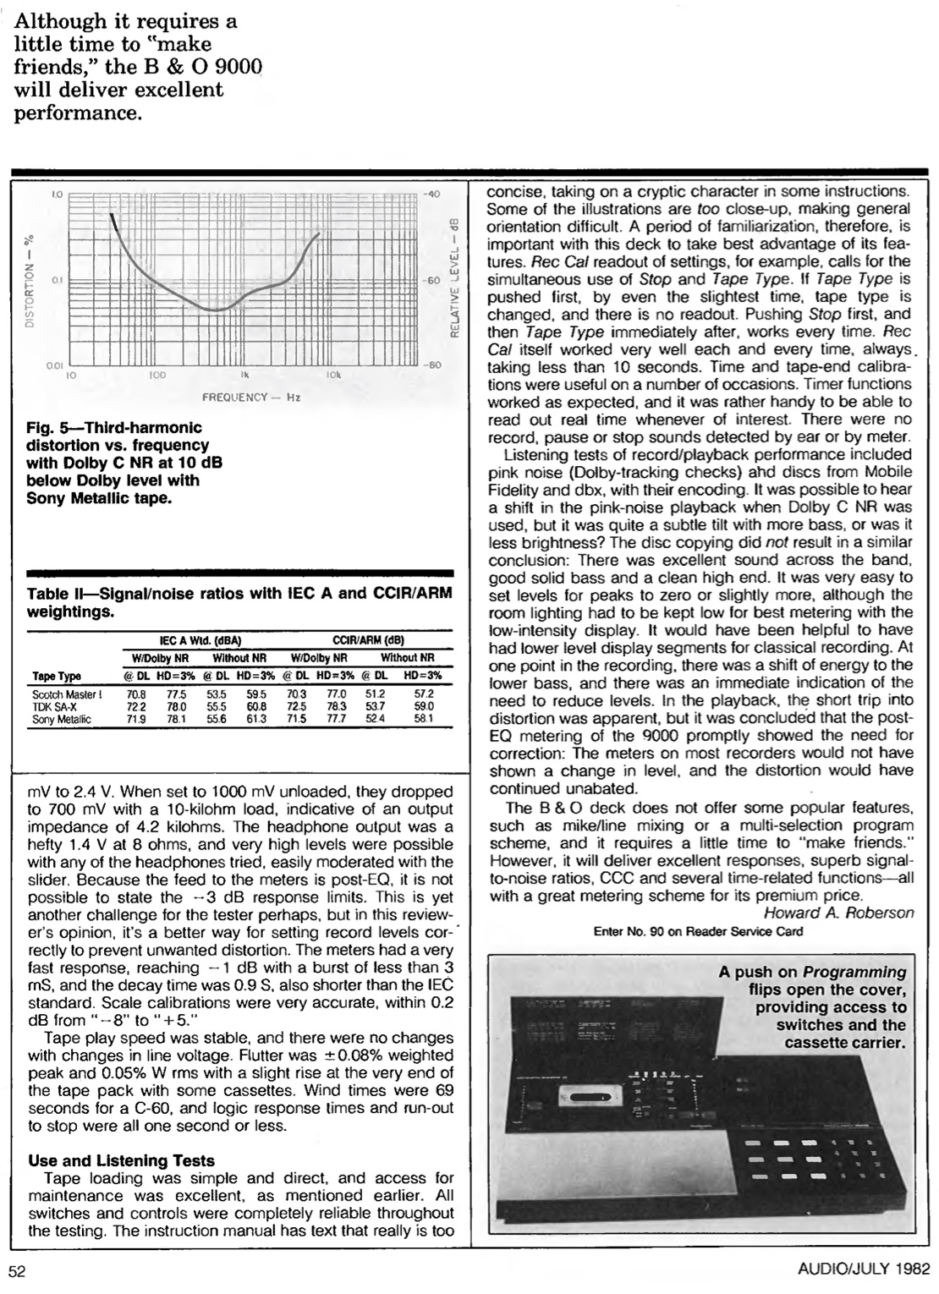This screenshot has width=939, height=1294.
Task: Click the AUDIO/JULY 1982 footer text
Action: click(863, 1269)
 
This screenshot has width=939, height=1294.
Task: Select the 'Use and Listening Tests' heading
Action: click(121, 1160)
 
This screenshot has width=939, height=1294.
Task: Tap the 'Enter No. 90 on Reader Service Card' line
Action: click(698, 931)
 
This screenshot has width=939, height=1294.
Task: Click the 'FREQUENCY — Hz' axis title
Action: click(250, 397)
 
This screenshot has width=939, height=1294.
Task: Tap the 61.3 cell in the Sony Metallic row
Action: click(256, 719)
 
